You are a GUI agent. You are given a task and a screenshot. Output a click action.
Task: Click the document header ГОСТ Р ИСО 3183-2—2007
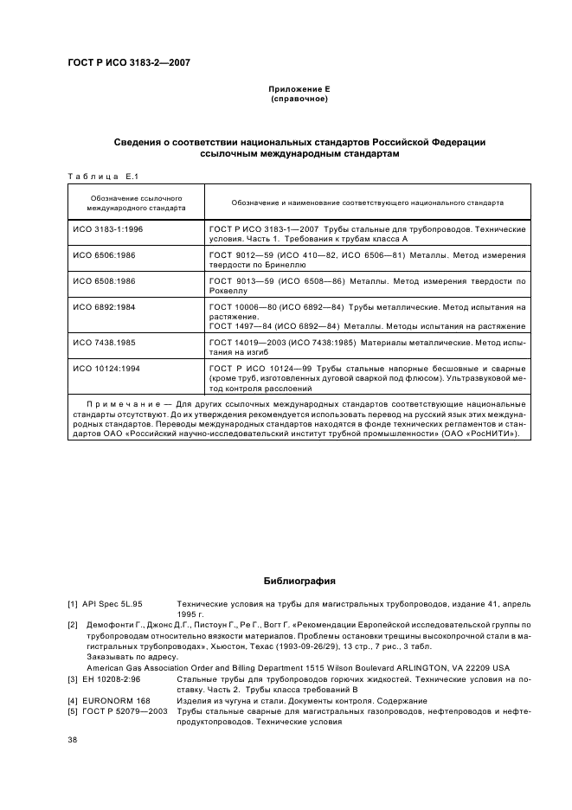[x=129, y=63]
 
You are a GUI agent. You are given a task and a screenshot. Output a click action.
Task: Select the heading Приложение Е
[x=299, y=89]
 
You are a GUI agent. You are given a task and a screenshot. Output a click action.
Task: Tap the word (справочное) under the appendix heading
[x=299, y=99]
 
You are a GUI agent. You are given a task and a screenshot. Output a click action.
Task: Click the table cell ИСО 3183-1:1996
[x=106, y=229]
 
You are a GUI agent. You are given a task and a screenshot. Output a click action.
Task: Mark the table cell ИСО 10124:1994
[x=105, y=370]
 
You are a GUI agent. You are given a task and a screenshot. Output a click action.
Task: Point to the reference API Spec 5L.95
[x=118, y=602]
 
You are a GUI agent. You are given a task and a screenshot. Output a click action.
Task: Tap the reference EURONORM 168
[x=116, y=700]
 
